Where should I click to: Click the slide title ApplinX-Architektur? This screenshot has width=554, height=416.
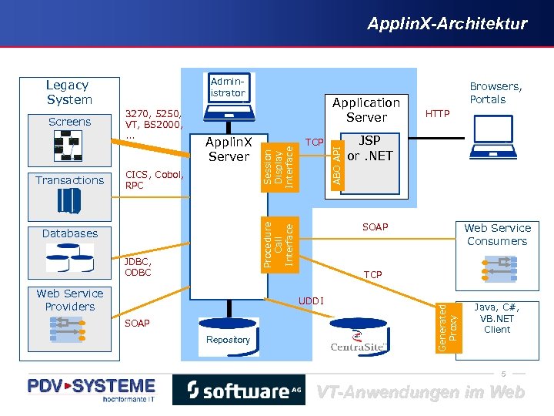click(447, 24)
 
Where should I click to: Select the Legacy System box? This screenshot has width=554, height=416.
click(69, 92)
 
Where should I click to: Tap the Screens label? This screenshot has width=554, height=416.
click(69, 122)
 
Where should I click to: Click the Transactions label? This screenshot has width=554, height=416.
click(69, 180)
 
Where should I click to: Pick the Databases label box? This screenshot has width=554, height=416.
click(70, 233)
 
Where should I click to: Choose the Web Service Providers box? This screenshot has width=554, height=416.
click(70, 300)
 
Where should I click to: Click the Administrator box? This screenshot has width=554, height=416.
click(228, 87)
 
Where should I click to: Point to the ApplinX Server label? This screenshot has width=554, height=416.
click(229, 149)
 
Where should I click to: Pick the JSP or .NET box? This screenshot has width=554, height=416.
click(370, 149)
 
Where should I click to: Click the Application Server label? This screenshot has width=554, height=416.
click(366, 110)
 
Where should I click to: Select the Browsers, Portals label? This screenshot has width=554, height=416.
click(496, 93)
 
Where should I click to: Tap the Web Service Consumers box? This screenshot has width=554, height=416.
click(497, 234)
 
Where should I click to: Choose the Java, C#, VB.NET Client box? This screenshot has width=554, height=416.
click(497, 317)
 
